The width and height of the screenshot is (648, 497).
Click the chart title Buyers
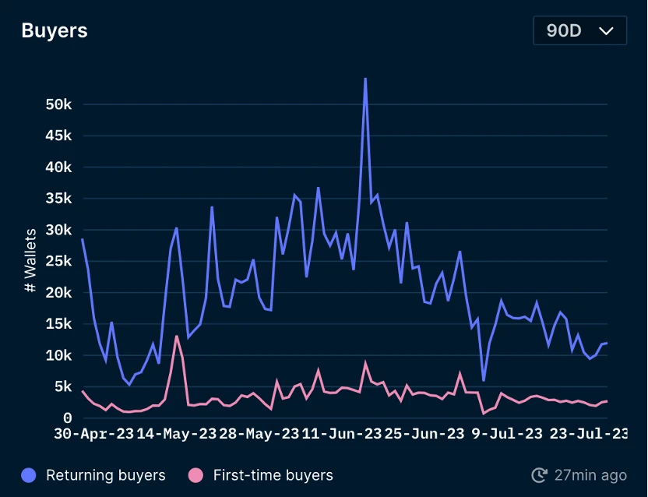click(x=55, y=31)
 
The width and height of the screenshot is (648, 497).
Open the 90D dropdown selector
click(x=579, y=31)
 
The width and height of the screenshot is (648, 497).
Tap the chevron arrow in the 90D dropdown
click(x=606, y=31)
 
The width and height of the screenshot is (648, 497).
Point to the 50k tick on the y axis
click(x=58, y=104)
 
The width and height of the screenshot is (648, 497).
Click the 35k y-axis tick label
click(x=58, y=199)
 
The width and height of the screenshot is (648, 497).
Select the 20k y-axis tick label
click(x=58, y=293)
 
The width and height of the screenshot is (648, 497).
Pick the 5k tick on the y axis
click(x=62, y=387)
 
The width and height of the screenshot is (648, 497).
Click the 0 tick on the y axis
click(x=67, y=418)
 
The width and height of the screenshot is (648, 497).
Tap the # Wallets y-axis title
click(x=30, y=260)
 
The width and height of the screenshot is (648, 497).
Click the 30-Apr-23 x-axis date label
click(x=93, y=434)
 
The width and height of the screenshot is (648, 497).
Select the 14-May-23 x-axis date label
click(x=177, y=434)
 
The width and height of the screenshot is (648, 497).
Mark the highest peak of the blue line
click(x=365, y=79)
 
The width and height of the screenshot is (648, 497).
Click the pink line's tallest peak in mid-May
click(x=177, y=336)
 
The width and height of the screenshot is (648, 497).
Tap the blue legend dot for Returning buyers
click(x=30, y=475)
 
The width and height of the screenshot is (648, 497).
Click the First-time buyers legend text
click(x=273, y=475)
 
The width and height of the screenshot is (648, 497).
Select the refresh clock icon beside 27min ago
click(x=539, y=475)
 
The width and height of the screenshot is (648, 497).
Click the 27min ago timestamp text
click(x=590, y=475)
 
